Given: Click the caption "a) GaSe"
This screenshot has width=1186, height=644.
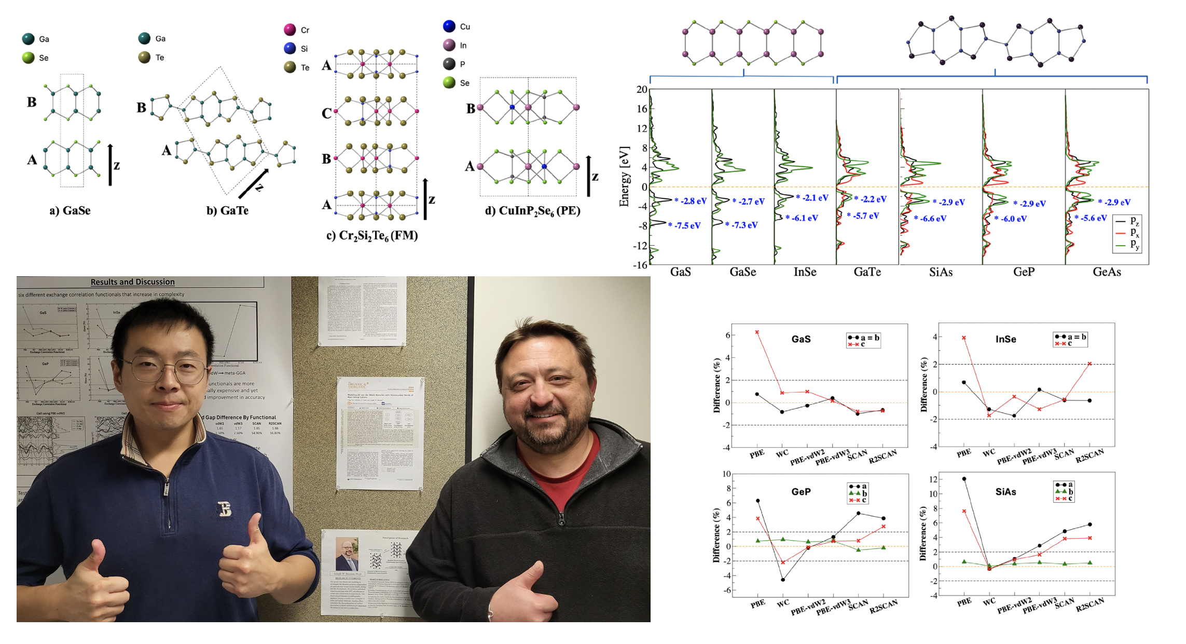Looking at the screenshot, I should click(70, 210).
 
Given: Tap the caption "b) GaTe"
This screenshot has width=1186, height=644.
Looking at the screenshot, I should click(227, 210).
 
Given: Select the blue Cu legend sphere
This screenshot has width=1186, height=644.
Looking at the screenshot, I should click(449, 26).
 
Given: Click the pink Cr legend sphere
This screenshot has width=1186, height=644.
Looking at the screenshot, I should click(290, 30).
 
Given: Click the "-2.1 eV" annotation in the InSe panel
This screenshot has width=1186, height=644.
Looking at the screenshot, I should click(815, 198).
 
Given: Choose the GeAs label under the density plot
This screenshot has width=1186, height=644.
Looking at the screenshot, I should click(1107, 272).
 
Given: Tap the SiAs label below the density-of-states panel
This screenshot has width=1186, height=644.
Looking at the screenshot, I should click(941, 272).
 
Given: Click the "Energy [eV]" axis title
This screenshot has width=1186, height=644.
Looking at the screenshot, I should click(624, 177).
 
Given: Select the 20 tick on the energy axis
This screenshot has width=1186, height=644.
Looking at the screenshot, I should click(642, 89).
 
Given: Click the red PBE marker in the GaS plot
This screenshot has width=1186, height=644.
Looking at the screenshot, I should click(757, 332).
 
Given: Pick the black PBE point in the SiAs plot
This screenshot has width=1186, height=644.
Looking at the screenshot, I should click(964, 479).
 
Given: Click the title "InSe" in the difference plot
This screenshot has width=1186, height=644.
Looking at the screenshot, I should click(1005, 339).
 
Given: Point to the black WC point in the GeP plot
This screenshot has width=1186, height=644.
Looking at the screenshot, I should click(783, 580).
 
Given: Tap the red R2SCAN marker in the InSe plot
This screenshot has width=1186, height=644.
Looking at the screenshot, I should click(1090, 364).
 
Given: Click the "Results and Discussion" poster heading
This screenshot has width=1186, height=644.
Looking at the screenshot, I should click(132, 282).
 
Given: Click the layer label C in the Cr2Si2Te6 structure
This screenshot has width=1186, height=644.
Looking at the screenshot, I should click(326, 113).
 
